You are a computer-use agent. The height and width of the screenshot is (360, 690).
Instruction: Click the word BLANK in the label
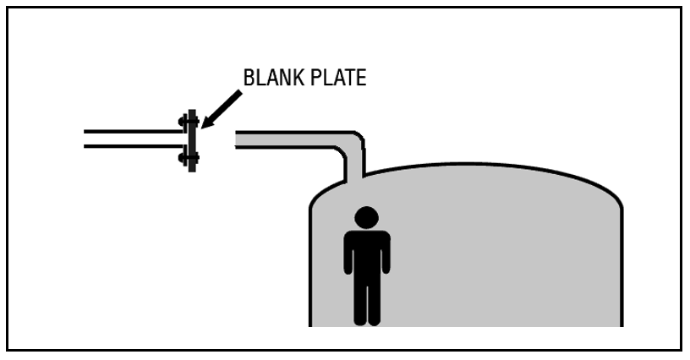(272, 79)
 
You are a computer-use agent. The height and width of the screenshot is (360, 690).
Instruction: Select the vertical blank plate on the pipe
(192, 141)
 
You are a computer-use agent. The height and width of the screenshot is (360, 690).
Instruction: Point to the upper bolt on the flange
(186, 123)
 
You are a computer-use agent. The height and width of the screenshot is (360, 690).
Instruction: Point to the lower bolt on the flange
(186, 158)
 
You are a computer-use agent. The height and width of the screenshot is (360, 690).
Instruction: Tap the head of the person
(366, 217)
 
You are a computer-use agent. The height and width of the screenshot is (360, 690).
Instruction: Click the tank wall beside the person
(310, 262)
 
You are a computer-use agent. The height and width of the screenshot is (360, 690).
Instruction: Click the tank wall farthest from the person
(622, 262)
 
